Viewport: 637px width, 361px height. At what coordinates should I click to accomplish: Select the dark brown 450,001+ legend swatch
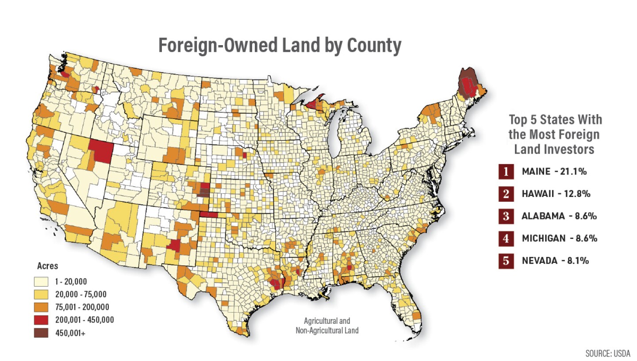tap(42, 333)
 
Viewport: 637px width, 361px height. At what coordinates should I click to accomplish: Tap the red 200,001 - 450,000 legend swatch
tap(42, 320)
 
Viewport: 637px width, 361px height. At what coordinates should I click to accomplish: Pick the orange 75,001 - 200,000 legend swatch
tap(42, 307)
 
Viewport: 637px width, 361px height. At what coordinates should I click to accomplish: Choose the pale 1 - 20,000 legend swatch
tap(42, 281)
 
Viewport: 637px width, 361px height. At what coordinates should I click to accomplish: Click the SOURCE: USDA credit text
tap(607, 353)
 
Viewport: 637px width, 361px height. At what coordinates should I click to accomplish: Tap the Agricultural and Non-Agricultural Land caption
tap(327, 325)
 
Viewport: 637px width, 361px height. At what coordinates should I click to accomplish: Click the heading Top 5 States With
tap(555, 120)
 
